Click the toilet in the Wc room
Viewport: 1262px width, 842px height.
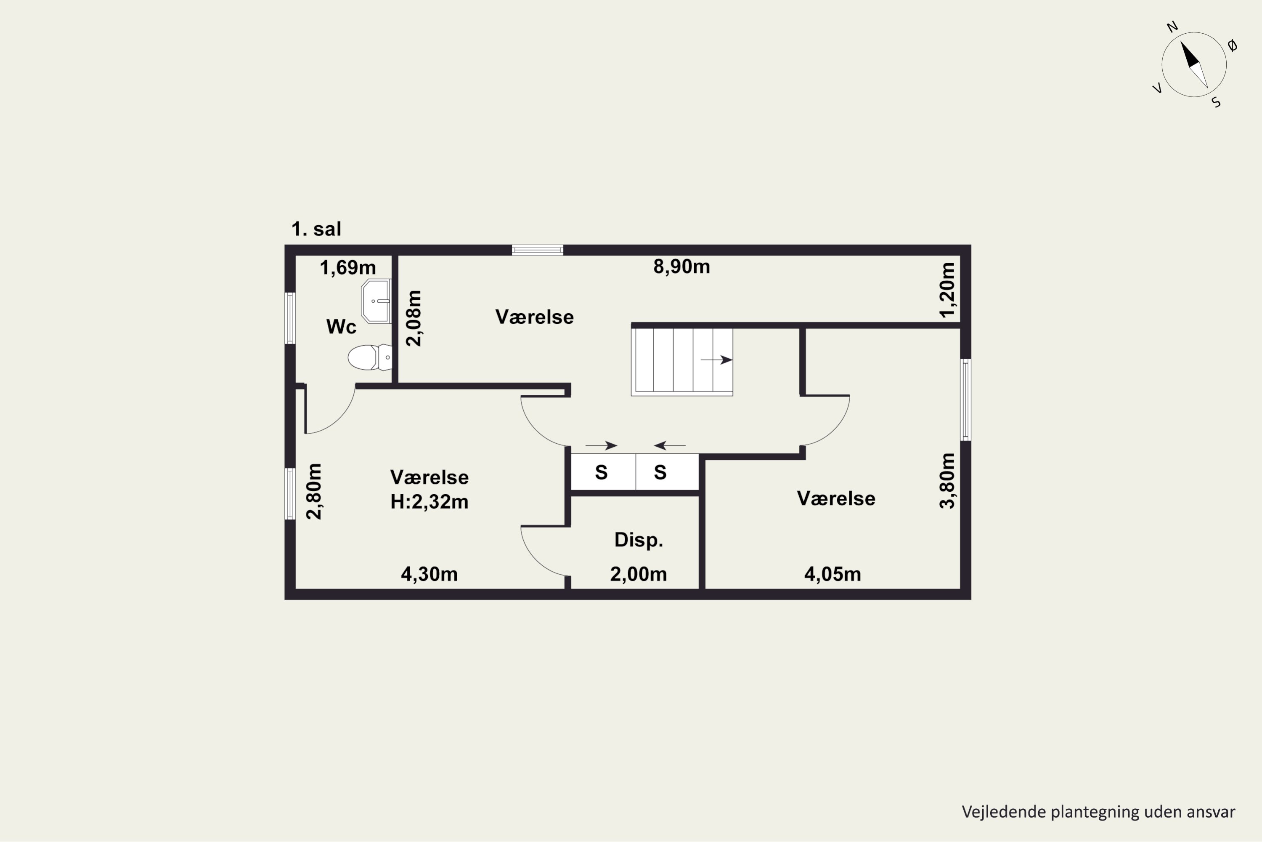point(370,357)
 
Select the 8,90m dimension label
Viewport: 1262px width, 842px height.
point(681,267)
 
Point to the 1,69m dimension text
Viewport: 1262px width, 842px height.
point(348,267)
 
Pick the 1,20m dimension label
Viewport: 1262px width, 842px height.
point(948,290)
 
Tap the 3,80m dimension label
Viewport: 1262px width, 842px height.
point(948,481)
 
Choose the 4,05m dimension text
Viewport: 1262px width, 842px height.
point(832,575)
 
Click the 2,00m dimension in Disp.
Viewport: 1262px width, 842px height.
point(639,575)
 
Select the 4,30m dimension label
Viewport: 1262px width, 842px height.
point(429,575)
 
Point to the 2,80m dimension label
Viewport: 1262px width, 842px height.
point(314,491)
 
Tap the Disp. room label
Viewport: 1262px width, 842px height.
point(639,540)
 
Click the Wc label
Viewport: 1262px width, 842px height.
point(341,327)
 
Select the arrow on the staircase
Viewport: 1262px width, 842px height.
point(717,360)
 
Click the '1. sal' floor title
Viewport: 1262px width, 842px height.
point(316,229)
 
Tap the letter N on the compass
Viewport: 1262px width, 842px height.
point(1172,27)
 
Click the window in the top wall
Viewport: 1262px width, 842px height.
point(537,250)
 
